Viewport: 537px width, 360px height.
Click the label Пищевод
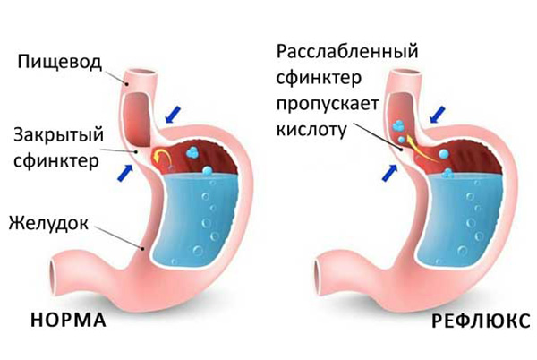tap(60, 63)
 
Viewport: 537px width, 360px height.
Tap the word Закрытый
tap(58, 134)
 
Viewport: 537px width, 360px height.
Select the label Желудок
tap(48, 223)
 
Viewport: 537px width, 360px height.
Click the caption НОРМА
tap(69, 321)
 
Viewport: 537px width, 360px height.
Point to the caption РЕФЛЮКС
tap(481, 321)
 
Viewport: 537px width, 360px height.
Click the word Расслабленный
tap(347, 51)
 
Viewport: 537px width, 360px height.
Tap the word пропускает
tap(328, 104)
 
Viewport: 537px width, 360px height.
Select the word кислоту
tap(311, 130)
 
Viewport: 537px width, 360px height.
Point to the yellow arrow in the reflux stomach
tap(422, 149)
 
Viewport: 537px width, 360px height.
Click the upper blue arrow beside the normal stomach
tap(173, 115)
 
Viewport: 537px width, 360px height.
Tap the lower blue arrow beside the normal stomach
tap(125, 172)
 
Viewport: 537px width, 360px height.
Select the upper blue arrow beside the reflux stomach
tap(438, 115)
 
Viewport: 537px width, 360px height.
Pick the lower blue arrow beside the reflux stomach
tap(389, 173)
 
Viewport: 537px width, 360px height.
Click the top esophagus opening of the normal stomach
tap(141, 73)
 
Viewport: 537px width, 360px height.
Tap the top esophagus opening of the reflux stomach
tap(405, 73)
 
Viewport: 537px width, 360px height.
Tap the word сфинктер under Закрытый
tap(56, 160)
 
